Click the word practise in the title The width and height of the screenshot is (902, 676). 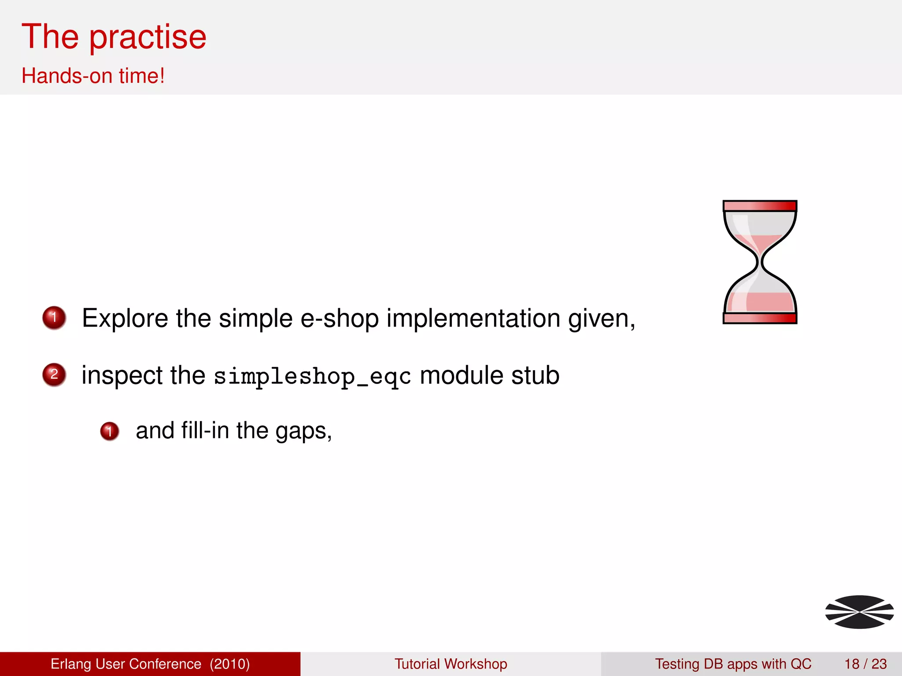click(148, 37)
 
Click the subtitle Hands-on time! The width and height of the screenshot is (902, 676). click(93, 76)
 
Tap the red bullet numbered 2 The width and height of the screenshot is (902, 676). click(54, 375)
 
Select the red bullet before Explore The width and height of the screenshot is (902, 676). click(54, 317)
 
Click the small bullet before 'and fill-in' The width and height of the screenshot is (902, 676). click(110, 431)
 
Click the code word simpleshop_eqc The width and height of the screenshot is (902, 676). click(312, 377)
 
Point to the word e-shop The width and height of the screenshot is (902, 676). click(339, 318)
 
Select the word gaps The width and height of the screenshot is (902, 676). click(303, 431)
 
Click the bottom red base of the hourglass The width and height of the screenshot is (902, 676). click(760, 318)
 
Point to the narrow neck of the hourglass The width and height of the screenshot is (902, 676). click(760, 263)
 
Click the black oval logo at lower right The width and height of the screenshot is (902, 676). click(859, 612)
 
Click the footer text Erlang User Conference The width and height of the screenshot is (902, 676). click(126, 664)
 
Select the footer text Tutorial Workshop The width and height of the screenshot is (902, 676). click(451, 664)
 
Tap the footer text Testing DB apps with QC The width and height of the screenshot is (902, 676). click(733, 664)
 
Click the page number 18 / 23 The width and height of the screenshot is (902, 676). click(865, 664)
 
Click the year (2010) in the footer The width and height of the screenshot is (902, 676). click(229, 664)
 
